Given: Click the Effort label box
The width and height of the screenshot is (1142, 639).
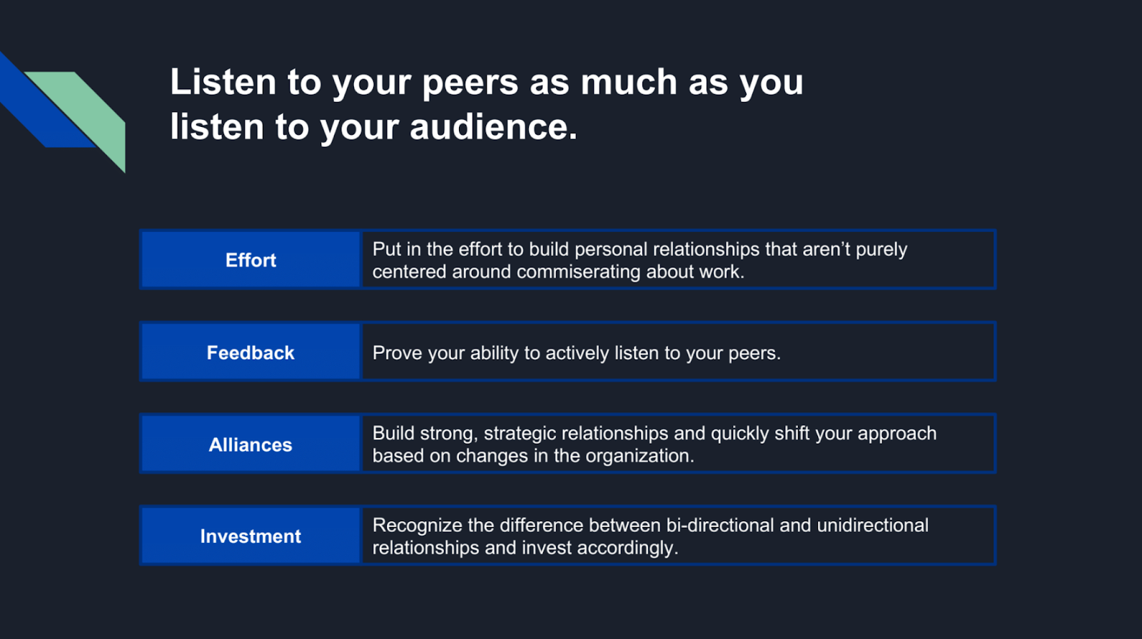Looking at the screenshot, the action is pos(251,260).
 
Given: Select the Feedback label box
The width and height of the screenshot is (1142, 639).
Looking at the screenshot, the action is pos(251,352).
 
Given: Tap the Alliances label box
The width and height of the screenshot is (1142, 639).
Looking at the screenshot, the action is pos(251,444).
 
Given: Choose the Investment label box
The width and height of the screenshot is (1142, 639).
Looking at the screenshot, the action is pos(251,536).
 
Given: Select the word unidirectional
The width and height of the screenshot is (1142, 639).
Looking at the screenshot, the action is pos(873,526).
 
